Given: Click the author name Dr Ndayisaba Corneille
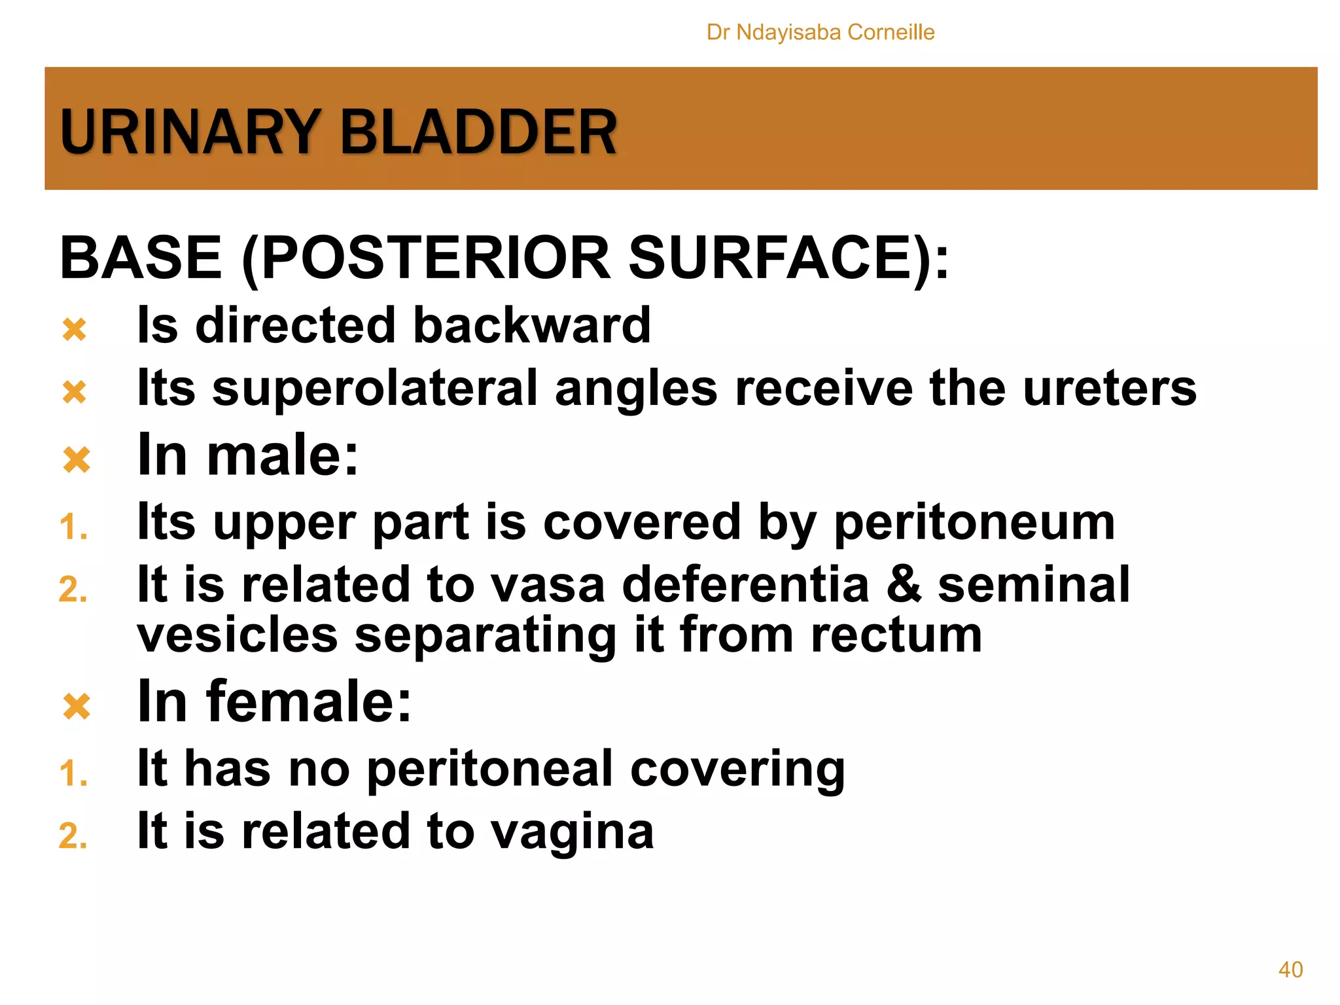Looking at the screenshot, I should coord(820,32).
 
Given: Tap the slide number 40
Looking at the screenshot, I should coord(1290,969).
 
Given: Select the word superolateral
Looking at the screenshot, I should coord(375,389).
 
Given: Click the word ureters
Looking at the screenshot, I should coord(1110,389).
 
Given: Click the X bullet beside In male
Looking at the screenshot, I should coord(77,459).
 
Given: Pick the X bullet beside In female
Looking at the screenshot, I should coord(77,706).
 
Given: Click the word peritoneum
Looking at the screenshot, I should coord(974,523).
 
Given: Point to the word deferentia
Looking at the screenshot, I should coord(745,584).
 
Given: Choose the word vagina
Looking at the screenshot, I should coord(572,832).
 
